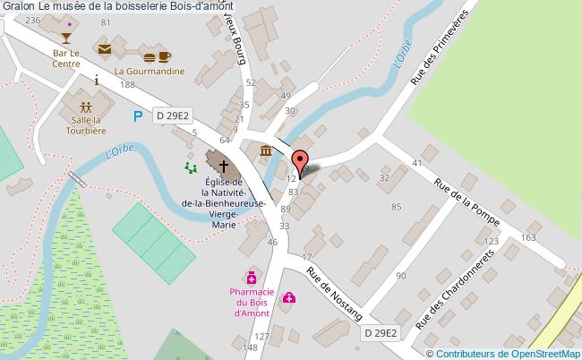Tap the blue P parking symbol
tap(137, 116)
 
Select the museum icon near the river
tap(266, 150)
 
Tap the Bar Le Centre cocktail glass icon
tap(65, 38)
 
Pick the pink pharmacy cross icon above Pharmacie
tap(253, 278)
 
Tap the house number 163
tap(527, 237)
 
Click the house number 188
tap(128, 84)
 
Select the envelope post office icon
tap(106, 49)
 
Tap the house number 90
tap(400, 275)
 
